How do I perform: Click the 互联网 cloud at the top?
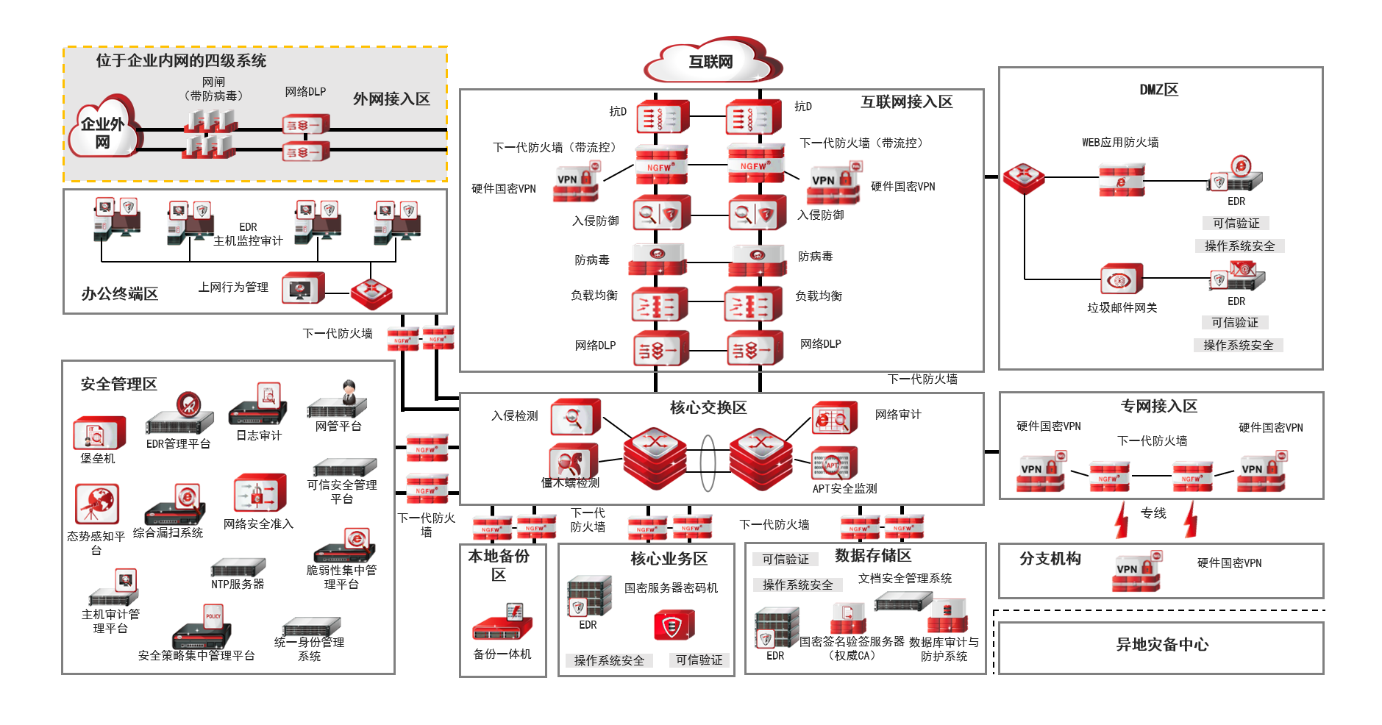711,62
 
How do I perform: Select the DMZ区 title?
1158,90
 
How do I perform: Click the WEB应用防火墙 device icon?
1122,179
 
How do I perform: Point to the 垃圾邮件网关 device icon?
1122,279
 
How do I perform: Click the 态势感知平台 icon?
97,504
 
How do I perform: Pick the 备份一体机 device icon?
502,624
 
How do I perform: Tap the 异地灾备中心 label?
1162,645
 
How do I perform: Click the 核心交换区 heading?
708,407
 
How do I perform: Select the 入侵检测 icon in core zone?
576,418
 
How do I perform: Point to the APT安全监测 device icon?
834,463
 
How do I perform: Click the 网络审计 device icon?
834,418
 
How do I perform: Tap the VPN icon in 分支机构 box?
1136,574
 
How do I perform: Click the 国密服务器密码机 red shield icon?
674,626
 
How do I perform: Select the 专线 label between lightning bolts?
1153,513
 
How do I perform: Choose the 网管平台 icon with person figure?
338,400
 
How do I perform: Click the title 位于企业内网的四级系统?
181,60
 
